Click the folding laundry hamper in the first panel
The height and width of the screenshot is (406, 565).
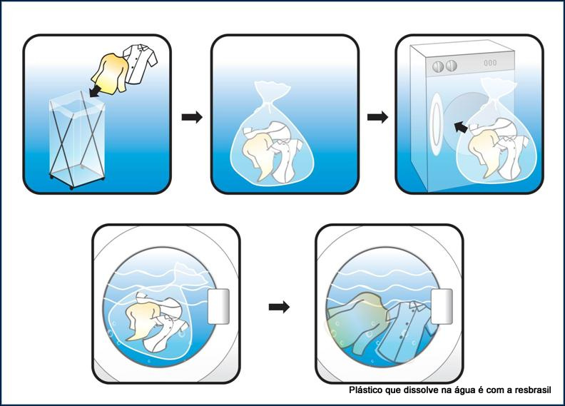pos(75,143)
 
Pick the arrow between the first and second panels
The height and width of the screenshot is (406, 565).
pos(192,117)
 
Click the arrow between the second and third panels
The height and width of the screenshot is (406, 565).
pos(377,117)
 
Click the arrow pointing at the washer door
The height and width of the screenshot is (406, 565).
pos(462,126)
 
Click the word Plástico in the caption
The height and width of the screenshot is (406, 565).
pos(366,391)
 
